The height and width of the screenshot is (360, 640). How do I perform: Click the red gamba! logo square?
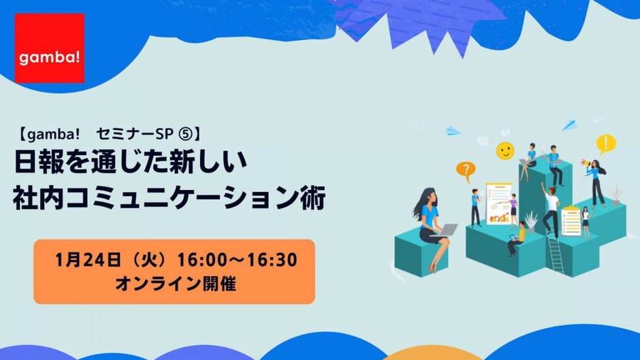point(50,48)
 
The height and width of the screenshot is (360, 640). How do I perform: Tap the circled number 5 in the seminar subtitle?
point(185,134)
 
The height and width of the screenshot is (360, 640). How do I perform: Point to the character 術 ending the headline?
point(313,198)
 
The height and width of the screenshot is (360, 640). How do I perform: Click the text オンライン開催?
point(176,284)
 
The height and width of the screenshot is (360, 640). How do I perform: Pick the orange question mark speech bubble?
point(466,170)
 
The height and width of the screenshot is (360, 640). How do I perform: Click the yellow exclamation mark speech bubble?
point(606,144)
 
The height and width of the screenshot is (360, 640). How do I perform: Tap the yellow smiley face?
point(505,150)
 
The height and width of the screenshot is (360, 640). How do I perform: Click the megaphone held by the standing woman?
point(586,163)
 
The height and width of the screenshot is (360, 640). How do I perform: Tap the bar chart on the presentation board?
point(499,218)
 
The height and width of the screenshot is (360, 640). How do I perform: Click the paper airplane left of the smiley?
point(453,131)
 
